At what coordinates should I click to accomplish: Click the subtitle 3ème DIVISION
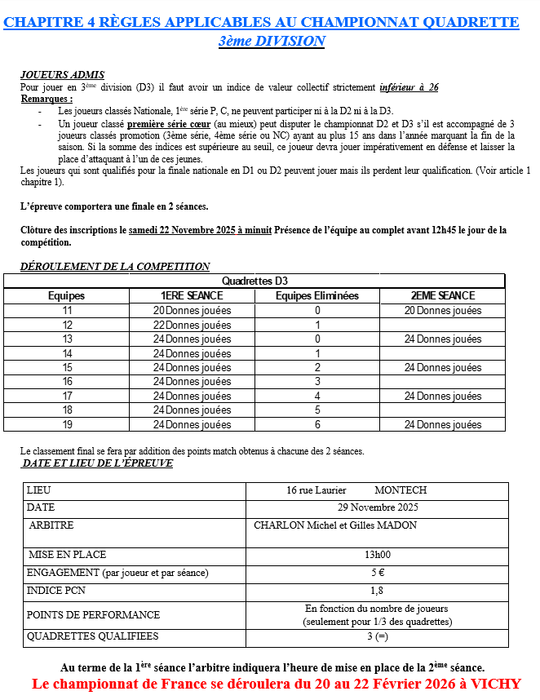click(272, 41)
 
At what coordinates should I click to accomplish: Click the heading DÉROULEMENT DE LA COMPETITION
click(115, 266)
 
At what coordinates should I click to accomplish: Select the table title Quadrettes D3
click(255, 281)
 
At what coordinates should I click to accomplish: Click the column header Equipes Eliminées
click(317, 296)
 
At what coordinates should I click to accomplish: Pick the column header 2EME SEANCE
click(443, 296)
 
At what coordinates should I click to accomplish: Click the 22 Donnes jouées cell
click(192, 325)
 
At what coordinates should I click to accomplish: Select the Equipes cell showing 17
click(67, 397)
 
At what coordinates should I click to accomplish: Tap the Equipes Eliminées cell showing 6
click(317, 425)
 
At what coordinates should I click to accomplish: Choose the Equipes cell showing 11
click(67, 311)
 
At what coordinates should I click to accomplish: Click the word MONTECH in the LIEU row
click(400, 490)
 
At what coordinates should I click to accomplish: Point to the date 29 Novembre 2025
click(377, 507)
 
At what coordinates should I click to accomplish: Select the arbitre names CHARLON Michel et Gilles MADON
click(335, 525)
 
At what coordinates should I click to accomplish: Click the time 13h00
click(377, 555)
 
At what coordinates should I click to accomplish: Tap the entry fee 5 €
click(377, 573)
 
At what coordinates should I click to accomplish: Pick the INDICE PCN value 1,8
click(377, 590)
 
